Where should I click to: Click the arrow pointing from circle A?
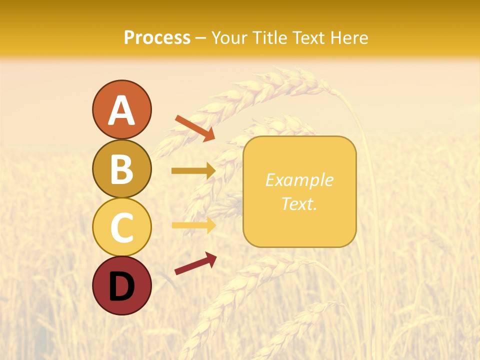click(x=195, y=127)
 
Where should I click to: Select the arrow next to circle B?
click(x=193, y=171)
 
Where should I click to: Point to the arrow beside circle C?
click(x=193, y=225)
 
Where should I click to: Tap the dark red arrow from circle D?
click(x=195, y=263)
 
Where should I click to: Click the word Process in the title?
click(x=157, y=38)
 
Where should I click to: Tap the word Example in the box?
click(x=299, y=180)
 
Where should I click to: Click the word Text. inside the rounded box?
click(x=299, y=203)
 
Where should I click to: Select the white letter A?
click(x=121, y=110)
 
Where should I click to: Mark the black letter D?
click(x=121, y=286)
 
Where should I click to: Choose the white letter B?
click(x=121, y=169)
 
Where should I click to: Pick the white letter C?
click(x=121, y=227)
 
